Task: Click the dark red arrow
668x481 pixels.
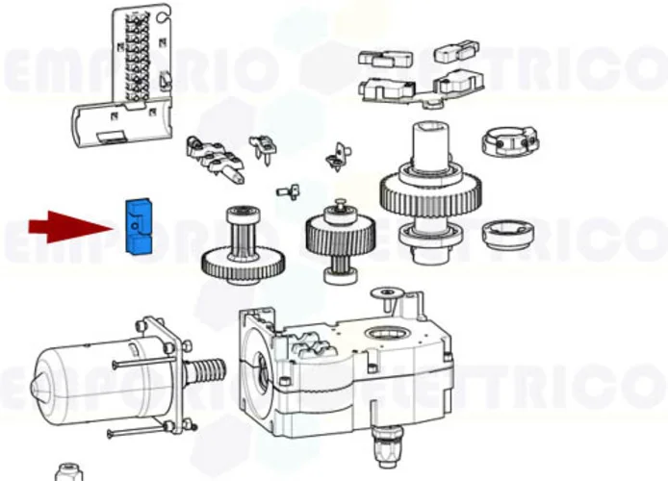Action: tap(68, 227)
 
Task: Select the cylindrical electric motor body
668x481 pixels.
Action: tap(82, 377)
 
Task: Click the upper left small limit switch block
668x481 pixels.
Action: tap(378, 58)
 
